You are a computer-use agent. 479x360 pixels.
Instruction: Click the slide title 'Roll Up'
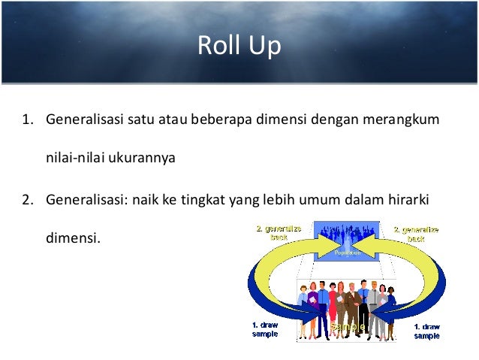click(x=239, y=46)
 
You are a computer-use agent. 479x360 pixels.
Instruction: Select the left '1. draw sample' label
click(x=264, y=330)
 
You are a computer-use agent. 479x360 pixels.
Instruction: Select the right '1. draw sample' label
click(x=426, y=330)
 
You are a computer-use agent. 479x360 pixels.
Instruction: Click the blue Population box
click(x=348, y=241)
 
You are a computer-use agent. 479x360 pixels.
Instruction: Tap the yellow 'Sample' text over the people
click(x=348, y=328)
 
